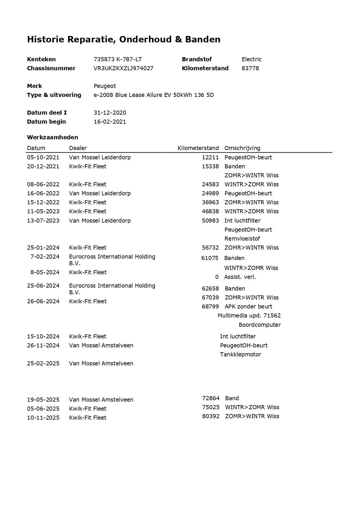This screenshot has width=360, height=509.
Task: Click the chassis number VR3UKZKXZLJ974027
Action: (x=123, y=68)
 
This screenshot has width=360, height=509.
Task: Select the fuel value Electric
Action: (x=252, y=59)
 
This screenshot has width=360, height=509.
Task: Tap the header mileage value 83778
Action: (x=250, y=68)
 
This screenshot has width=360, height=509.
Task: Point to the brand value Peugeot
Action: (x=104, y=86)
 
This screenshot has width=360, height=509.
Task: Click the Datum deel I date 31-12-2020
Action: (x=110, y=113)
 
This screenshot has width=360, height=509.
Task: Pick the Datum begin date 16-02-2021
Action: (x=110, y=122)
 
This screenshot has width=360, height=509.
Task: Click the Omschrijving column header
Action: (x=242, y=148)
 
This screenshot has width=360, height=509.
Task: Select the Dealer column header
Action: (x=78, y=148)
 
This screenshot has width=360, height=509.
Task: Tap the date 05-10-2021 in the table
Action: (x=43, y=157)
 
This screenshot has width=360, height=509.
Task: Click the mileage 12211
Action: (x=210, y=157)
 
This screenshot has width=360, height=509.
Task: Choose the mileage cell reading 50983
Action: (x=210, y=221)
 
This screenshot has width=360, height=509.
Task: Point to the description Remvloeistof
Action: (x=242, y=239)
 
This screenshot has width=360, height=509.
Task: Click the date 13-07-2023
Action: (x=43, y=221)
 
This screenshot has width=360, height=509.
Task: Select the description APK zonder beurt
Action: (x=248, y=306)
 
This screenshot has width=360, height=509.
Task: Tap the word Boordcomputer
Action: (x=260, y=325)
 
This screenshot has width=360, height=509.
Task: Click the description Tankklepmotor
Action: (x=240, y=354)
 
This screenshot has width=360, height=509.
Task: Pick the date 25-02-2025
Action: (x=43, y=363)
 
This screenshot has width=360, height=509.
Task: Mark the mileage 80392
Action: (x=211, y=416)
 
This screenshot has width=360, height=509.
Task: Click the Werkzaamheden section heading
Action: (x=53, y=137)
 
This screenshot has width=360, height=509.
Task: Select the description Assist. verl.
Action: (x=240, y=277)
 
